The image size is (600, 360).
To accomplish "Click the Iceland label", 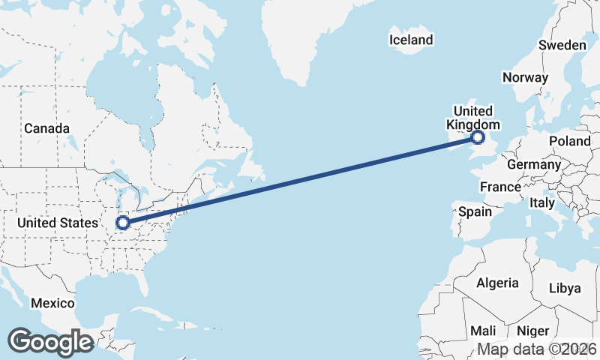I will point(411,40).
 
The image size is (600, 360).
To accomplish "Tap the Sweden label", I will point(562,45).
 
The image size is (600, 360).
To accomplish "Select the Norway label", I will point(526,77).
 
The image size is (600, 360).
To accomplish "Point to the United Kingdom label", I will point(473,118).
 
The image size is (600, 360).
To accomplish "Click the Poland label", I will point(570,141).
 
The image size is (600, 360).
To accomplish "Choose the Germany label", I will point(534,164).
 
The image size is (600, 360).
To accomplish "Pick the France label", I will point(500,187).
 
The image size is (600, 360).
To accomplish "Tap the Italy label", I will point(542,202).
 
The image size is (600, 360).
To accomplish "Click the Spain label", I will point(475,211).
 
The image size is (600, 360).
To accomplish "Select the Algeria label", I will point(497,283).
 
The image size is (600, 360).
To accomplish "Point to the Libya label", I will point(565,288).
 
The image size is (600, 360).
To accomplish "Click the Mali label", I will point(483,331).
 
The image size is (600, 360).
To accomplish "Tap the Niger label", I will point(533,331).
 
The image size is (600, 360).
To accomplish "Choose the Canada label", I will point(46,128).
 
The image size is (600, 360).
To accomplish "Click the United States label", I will point(58,223).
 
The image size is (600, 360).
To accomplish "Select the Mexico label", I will point(52,303).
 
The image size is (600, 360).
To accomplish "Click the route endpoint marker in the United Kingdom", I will point(478,137).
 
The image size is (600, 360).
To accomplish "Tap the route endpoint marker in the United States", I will point(123,223).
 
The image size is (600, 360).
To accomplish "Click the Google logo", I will point(50,341).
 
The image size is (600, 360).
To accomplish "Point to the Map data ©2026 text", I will point(537,349).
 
